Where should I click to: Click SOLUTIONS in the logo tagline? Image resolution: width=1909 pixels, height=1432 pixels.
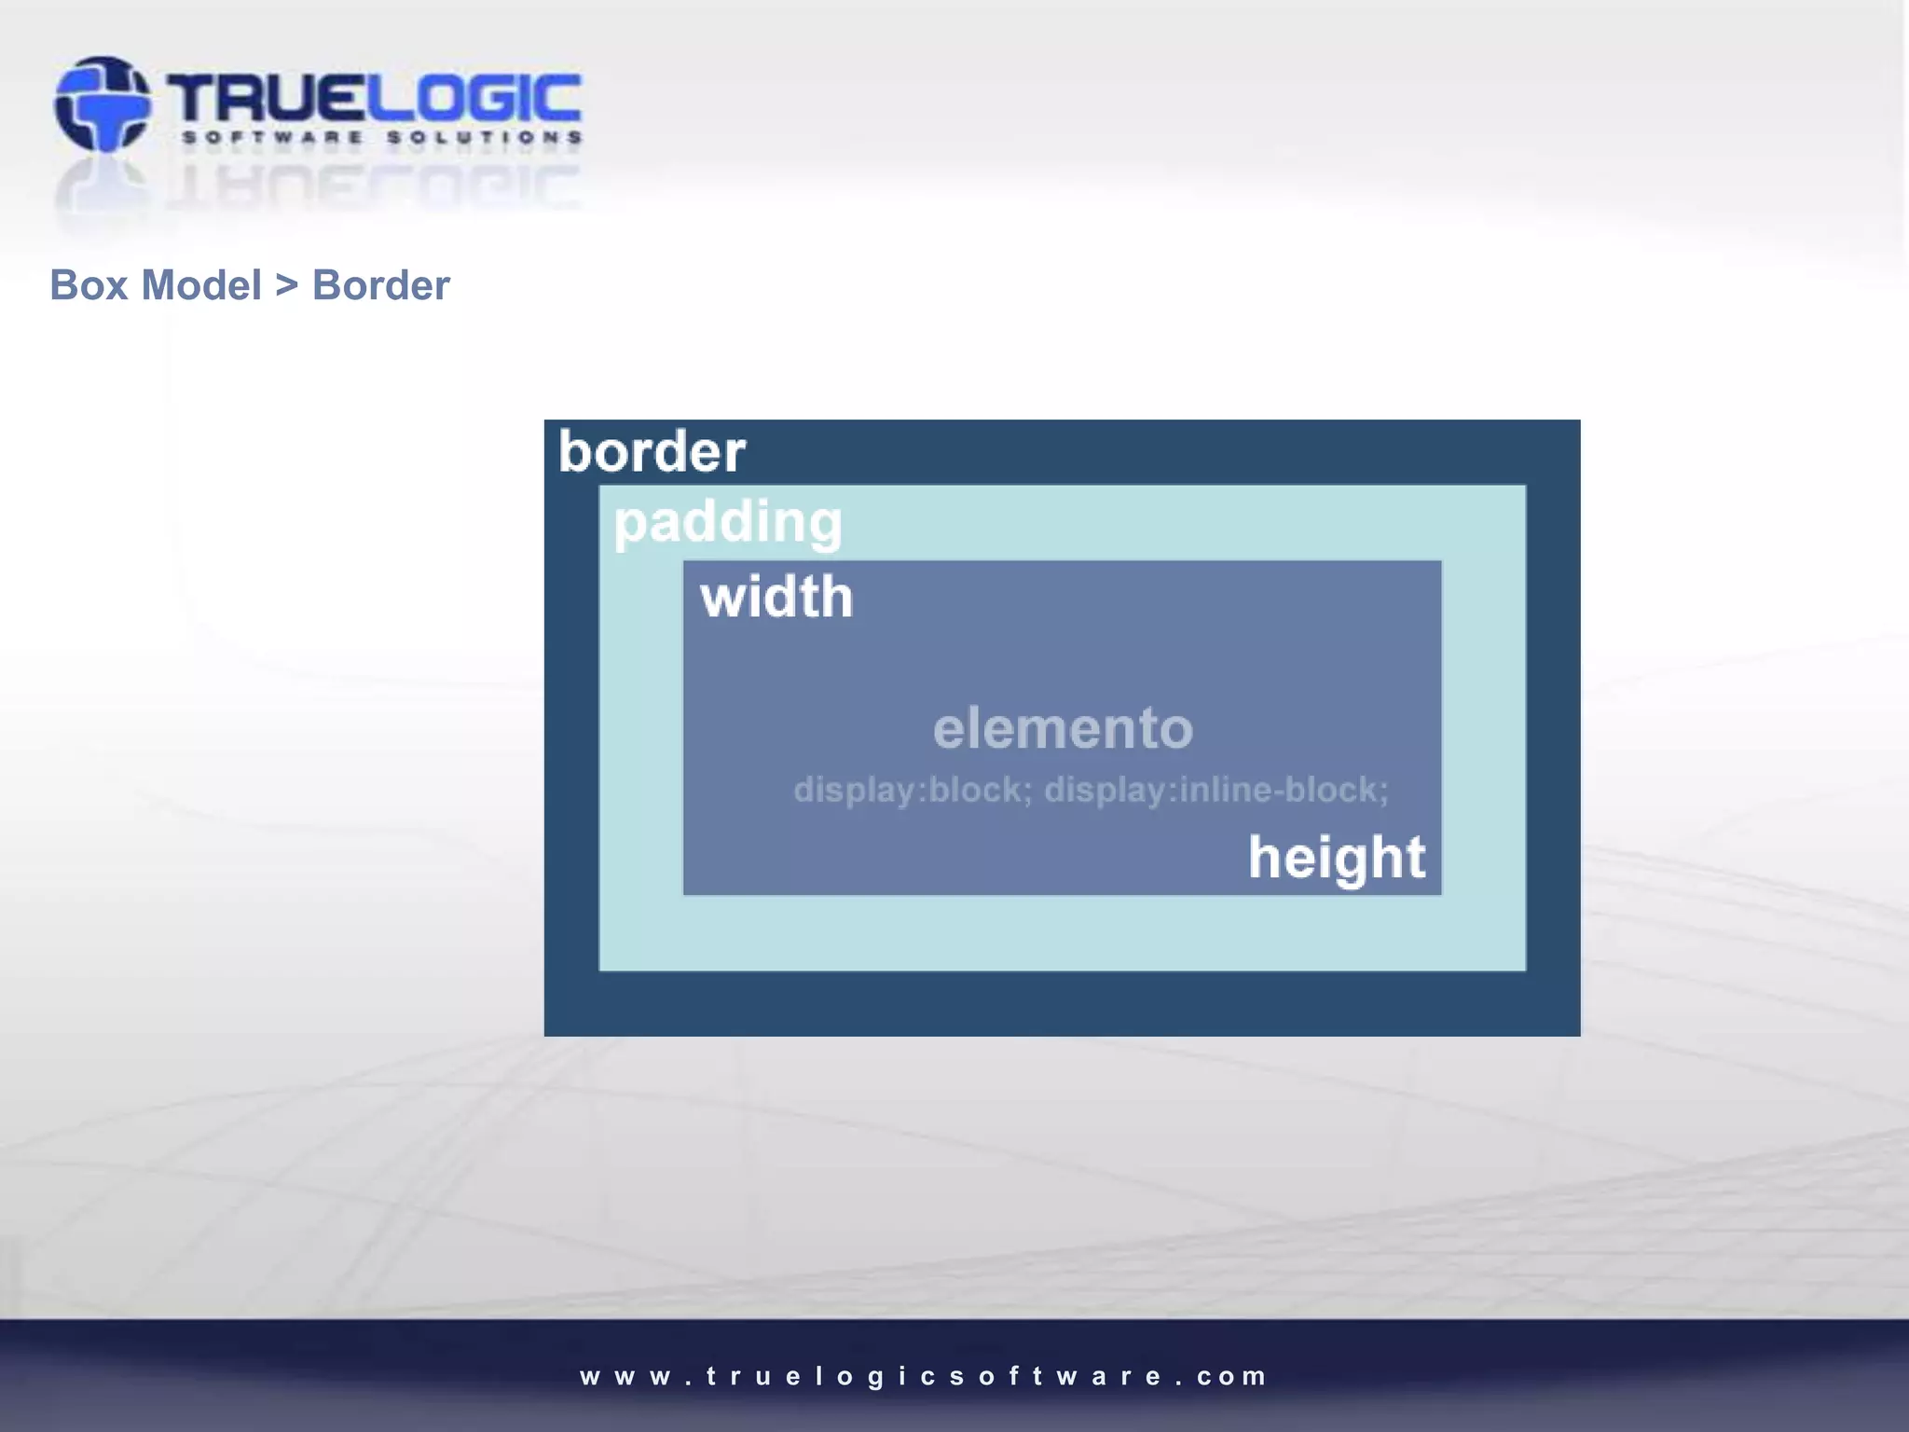(x=485, y=138)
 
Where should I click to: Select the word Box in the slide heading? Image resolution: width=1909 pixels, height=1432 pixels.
(x=89, y=285)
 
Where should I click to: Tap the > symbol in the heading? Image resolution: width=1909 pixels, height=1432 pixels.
(x=286, y=285)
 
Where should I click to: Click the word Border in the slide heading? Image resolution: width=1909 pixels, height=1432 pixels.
(x=380, y=285)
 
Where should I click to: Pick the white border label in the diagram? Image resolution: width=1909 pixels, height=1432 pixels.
(x=652, y=452)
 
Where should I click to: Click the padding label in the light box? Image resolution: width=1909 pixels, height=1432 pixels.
(x=728, y=522)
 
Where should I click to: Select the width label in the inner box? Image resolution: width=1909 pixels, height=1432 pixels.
(x=776, y=598)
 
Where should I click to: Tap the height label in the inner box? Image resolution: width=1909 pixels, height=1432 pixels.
(x=1337, y=858)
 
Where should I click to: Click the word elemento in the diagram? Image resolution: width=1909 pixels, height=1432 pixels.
(x=1063, y=728)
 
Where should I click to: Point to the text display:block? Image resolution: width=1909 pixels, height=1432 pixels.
(x=913, y=791)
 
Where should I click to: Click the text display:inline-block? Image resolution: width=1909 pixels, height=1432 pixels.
(x=1215, y=791)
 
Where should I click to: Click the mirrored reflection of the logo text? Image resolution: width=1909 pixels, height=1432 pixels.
(x=373, y=186)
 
